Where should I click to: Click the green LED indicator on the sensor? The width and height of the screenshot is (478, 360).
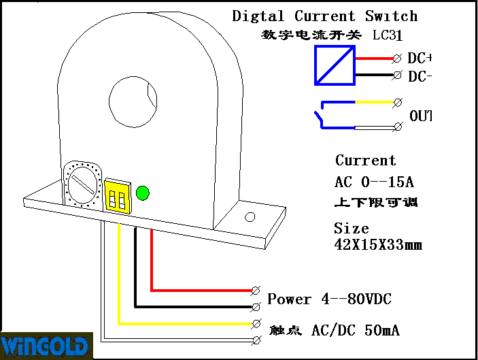tap(143, 193)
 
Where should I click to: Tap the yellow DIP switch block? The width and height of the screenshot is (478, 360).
tap(117, 197)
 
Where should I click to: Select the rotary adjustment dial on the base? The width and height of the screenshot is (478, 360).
tap(83, 184)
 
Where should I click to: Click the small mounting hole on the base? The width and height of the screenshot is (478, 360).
tap(250, 217)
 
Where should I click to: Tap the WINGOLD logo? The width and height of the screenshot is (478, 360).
tap(46, 345)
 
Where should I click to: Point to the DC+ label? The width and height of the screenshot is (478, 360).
tap(420, 59)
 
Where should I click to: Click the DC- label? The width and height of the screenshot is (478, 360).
tap(420, 76)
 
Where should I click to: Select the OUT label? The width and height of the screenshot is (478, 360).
tap(420, 116)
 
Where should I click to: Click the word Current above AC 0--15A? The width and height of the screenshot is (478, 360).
tap(365, 161)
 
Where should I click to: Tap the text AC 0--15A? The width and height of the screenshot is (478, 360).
tap(374, 182)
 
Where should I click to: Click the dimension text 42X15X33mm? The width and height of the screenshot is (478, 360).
tap(378, 244)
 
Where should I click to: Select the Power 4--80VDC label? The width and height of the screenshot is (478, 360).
tap(329, 299)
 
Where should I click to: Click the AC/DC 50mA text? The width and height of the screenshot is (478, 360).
tap(355, 331)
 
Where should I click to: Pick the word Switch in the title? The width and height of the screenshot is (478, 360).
tap(391, 16)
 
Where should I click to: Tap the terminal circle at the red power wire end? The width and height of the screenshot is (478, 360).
tap(256, 291)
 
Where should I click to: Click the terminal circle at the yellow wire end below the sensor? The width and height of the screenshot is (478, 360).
tap(256, 323)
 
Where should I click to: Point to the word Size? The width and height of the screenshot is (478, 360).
tap(351, 229)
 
